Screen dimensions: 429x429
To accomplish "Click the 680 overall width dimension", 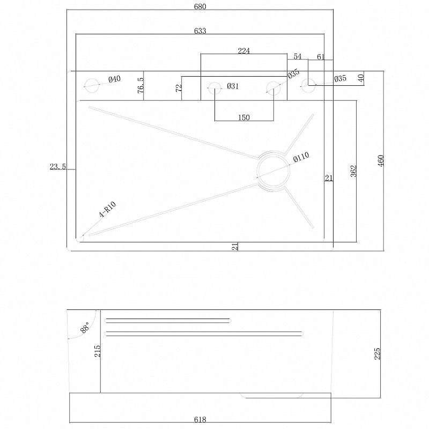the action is tap(200, 6).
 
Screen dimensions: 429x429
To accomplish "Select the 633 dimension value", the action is tap(200, 31).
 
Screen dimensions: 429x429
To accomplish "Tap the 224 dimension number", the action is tap(244, 51).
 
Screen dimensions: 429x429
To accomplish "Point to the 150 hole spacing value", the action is tap(244, 117).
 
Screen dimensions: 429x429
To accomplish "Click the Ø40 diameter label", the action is tap(114, 79).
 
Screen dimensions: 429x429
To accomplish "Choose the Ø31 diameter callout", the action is tap(233, 86).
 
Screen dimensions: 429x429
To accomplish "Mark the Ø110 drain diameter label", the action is tap(301, 157).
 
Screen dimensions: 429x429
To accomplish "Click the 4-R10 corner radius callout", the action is tap(108, 209).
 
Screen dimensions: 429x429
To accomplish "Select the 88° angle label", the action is tap(85, 327).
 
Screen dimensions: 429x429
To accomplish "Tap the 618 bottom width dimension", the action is tap(200, 419).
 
